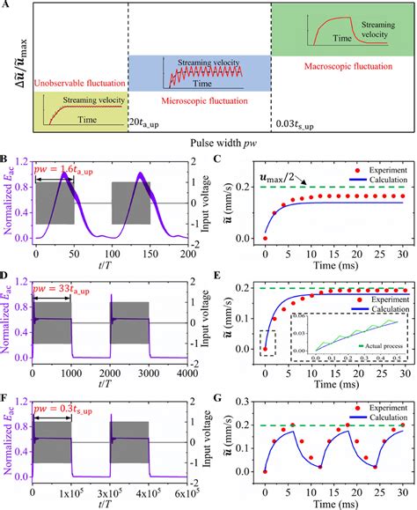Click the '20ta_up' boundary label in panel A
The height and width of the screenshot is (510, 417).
click(x=148, y=119)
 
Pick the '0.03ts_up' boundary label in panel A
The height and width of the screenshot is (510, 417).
click(x=296, y=119)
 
